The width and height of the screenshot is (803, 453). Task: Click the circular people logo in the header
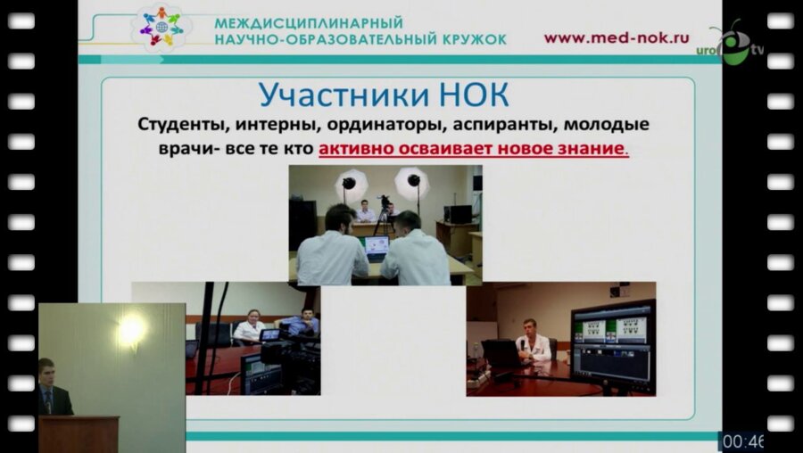[x=162, y=28]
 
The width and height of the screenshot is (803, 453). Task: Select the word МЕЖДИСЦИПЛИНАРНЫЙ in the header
[x=308, y=22]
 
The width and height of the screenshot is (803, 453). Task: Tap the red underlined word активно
[x=354, y=148]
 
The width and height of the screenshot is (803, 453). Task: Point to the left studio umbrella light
[x=349, y=184]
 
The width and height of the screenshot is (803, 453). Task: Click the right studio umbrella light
[x=412, y=182]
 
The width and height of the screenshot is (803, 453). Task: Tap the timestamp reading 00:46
[x=741, y=441]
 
